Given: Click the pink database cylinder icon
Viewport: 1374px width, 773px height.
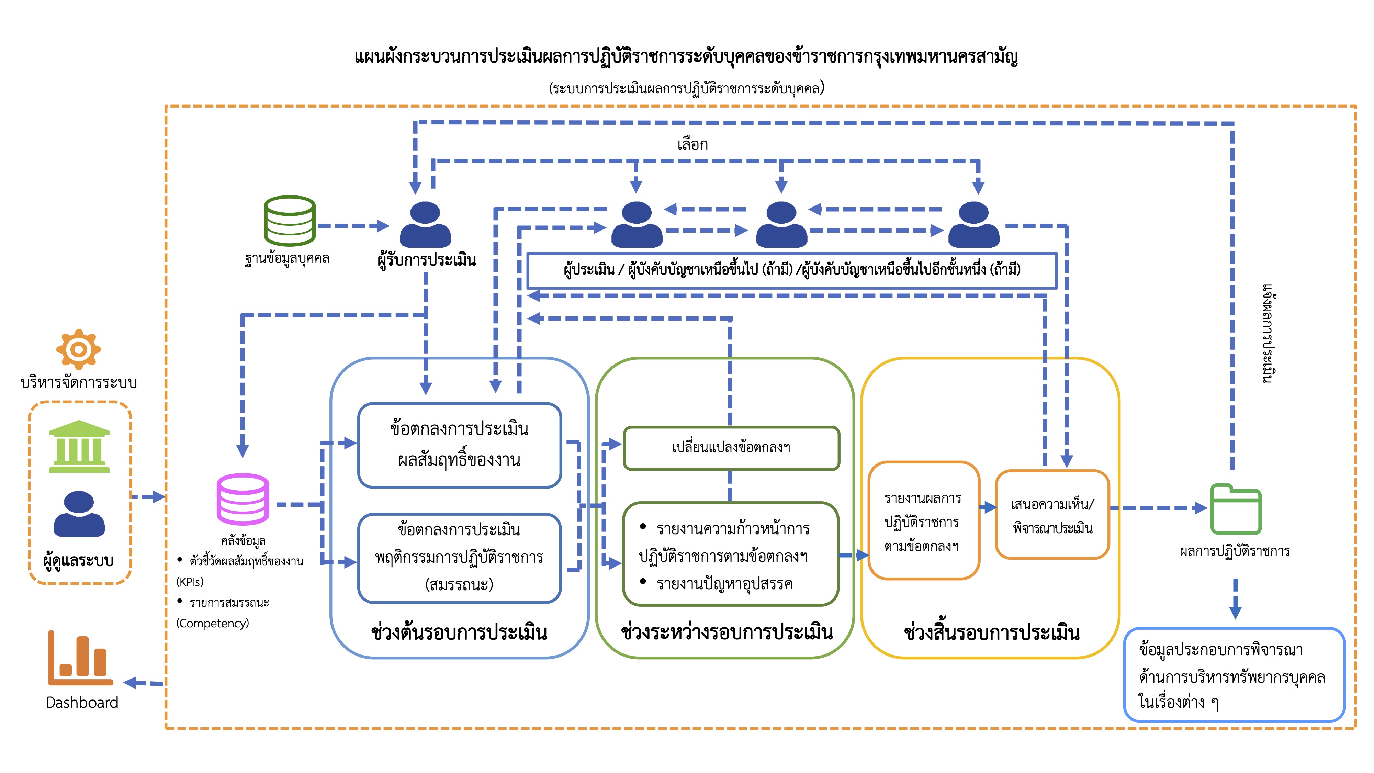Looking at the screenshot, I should point(243,499).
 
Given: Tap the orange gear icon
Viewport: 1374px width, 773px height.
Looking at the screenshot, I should point(78,349).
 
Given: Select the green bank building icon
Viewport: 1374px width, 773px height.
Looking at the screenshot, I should point(79,447).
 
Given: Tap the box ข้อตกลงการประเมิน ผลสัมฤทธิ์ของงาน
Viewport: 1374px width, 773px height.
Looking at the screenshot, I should point(459,445).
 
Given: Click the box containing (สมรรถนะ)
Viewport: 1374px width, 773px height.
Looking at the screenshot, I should point(459,558).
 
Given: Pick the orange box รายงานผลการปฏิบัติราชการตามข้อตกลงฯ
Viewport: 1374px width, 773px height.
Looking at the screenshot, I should point(923,521).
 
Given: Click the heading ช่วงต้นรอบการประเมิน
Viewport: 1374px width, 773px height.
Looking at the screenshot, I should point(459,632).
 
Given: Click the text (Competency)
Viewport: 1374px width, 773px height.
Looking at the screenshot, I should point(212,623).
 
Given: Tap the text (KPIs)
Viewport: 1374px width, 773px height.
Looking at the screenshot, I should point(190,582).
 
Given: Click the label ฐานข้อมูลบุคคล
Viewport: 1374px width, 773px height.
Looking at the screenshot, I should point(287,259).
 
